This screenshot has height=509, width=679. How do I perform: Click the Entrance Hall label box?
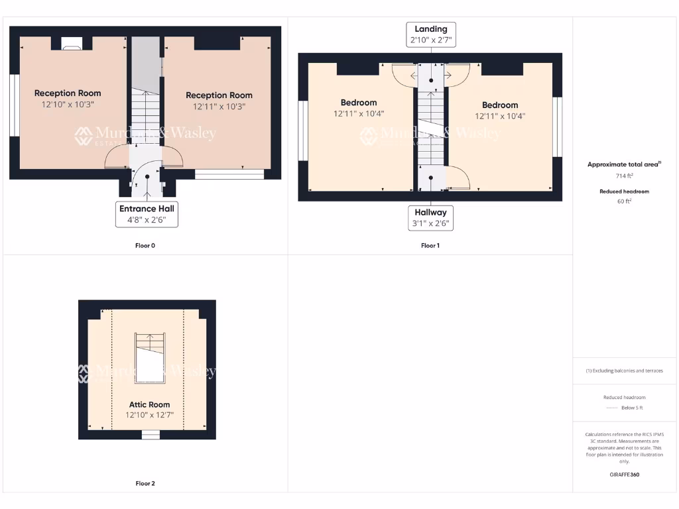tap(147, 214)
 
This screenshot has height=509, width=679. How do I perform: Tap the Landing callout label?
tap(431, 34)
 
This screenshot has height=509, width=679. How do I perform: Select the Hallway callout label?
tap(431, 218)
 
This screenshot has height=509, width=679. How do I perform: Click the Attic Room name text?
tap(149, 404)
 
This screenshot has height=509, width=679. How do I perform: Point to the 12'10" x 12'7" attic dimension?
tap(149, 416)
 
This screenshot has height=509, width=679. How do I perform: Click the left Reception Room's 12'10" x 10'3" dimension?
tap(68, 105)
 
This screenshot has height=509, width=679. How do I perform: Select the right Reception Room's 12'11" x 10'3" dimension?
tap(219, 107)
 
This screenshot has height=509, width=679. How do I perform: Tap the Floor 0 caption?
tap(145, 246)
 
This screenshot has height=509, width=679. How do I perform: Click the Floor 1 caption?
tap(430, 246)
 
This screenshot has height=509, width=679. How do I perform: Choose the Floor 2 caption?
tap(145, 484)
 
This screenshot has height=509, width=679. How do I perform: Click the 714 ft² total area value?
tap(624, 176)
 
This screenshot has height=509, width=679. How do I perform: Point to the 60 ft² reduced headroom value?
tap(624, 201)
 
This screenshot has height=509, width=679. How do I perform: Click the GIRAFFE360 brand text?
tap(624, 475)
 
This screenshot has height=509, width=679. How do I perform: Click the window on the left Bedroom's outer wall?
tap(301, 131)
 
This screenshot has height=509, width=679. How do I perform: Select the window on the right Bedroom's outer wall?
tap(558, 127)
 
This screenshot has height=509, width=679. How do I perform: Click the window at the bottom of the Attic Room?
tap(151, 435)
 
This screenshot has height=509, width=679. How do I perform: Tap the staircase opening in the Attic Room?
tap(150, 359)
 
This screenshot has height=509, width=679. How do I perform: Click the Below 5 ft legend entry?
tap(624, 408)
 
